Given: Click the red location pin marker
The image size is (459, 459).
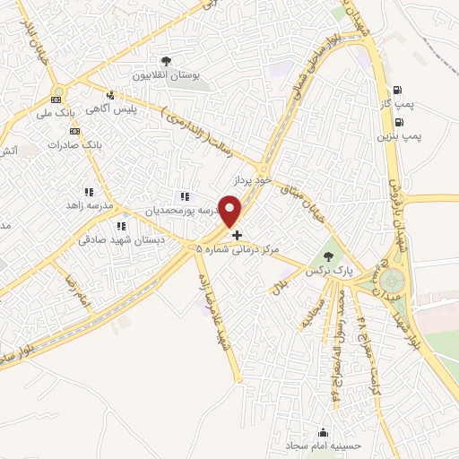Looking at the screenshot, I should [x=231, y=212].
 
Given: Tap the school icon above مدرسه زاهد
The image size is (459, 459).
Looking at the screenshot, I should [x=88, y=192].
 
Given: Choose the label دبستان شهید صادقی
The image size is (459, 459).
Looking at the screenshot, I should [x=116, y=239].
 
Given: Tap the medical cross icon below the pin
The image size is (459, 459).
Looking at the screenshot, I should [x=237, y=236].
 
